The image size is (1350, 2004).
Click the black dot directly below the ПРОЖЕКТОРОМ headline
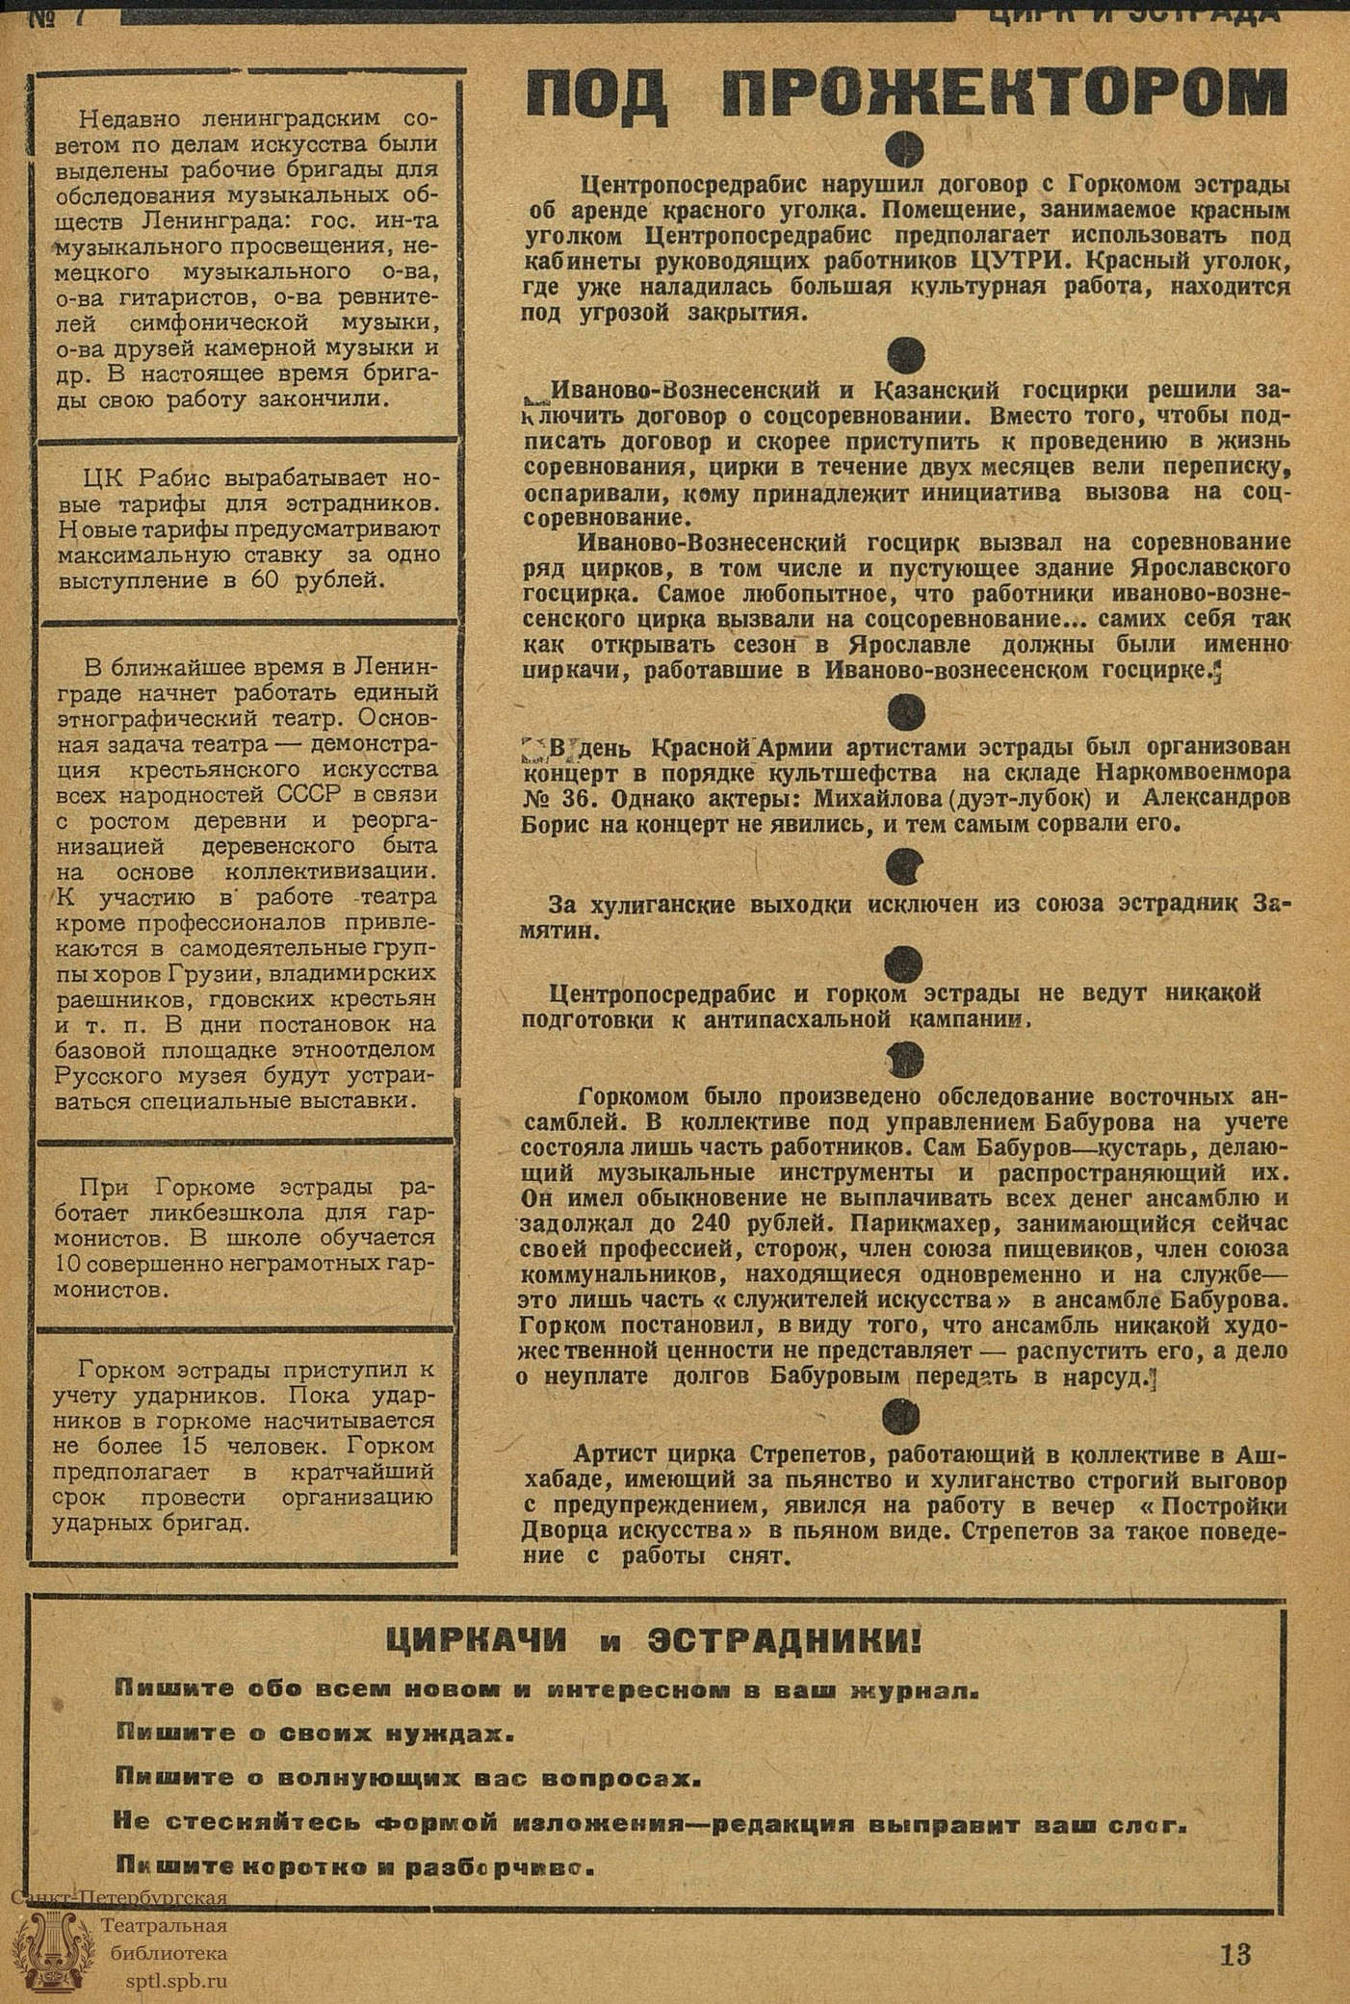(905, 148)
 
